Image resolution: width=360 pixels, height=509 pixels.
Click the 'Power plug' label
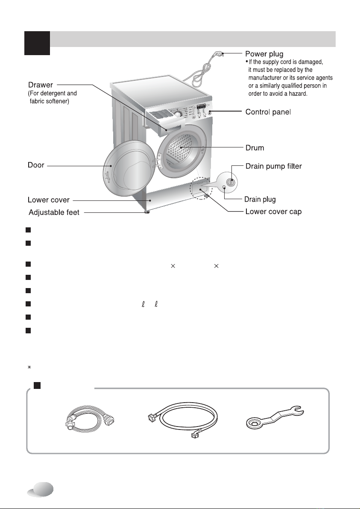point(264,54)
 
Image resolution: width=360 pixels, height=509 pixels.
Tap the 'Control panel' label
point(268,112)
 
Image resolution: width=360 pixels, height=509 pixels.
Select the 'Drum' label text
point(255,148)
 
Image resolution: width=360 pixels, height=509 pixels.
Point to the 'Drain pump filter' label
point(273,166)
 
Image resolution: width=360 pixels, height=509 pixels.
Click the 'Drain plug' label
point(260,199)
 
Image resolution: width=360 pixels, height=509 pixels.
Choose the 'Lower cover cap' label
point(273,212)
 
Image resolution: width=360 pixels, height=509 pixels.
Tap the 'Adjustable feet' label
point(54,213)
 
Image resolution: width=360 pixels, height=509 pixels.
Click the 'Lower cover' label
point(49,200)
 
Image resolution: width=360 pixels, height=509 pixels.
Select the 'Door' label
point(36,165)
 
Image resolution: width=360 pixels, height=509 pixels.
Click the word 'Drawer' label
point(40,85)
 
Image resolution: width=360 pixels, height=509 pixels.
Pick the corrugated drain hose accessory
point(91,418)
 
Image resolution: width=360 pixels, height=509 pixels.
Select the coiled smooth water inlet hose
point(183,419)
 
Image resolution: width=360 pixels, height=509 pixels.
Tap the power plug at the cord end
point(218,54)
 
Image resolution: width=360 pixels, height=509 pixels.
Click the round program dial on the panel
point(178,114)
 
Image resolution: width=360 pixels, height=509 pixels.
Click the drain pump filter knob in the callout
point(230,182)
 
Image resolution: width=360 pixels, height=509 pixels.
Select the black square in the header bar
point(37,43)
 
